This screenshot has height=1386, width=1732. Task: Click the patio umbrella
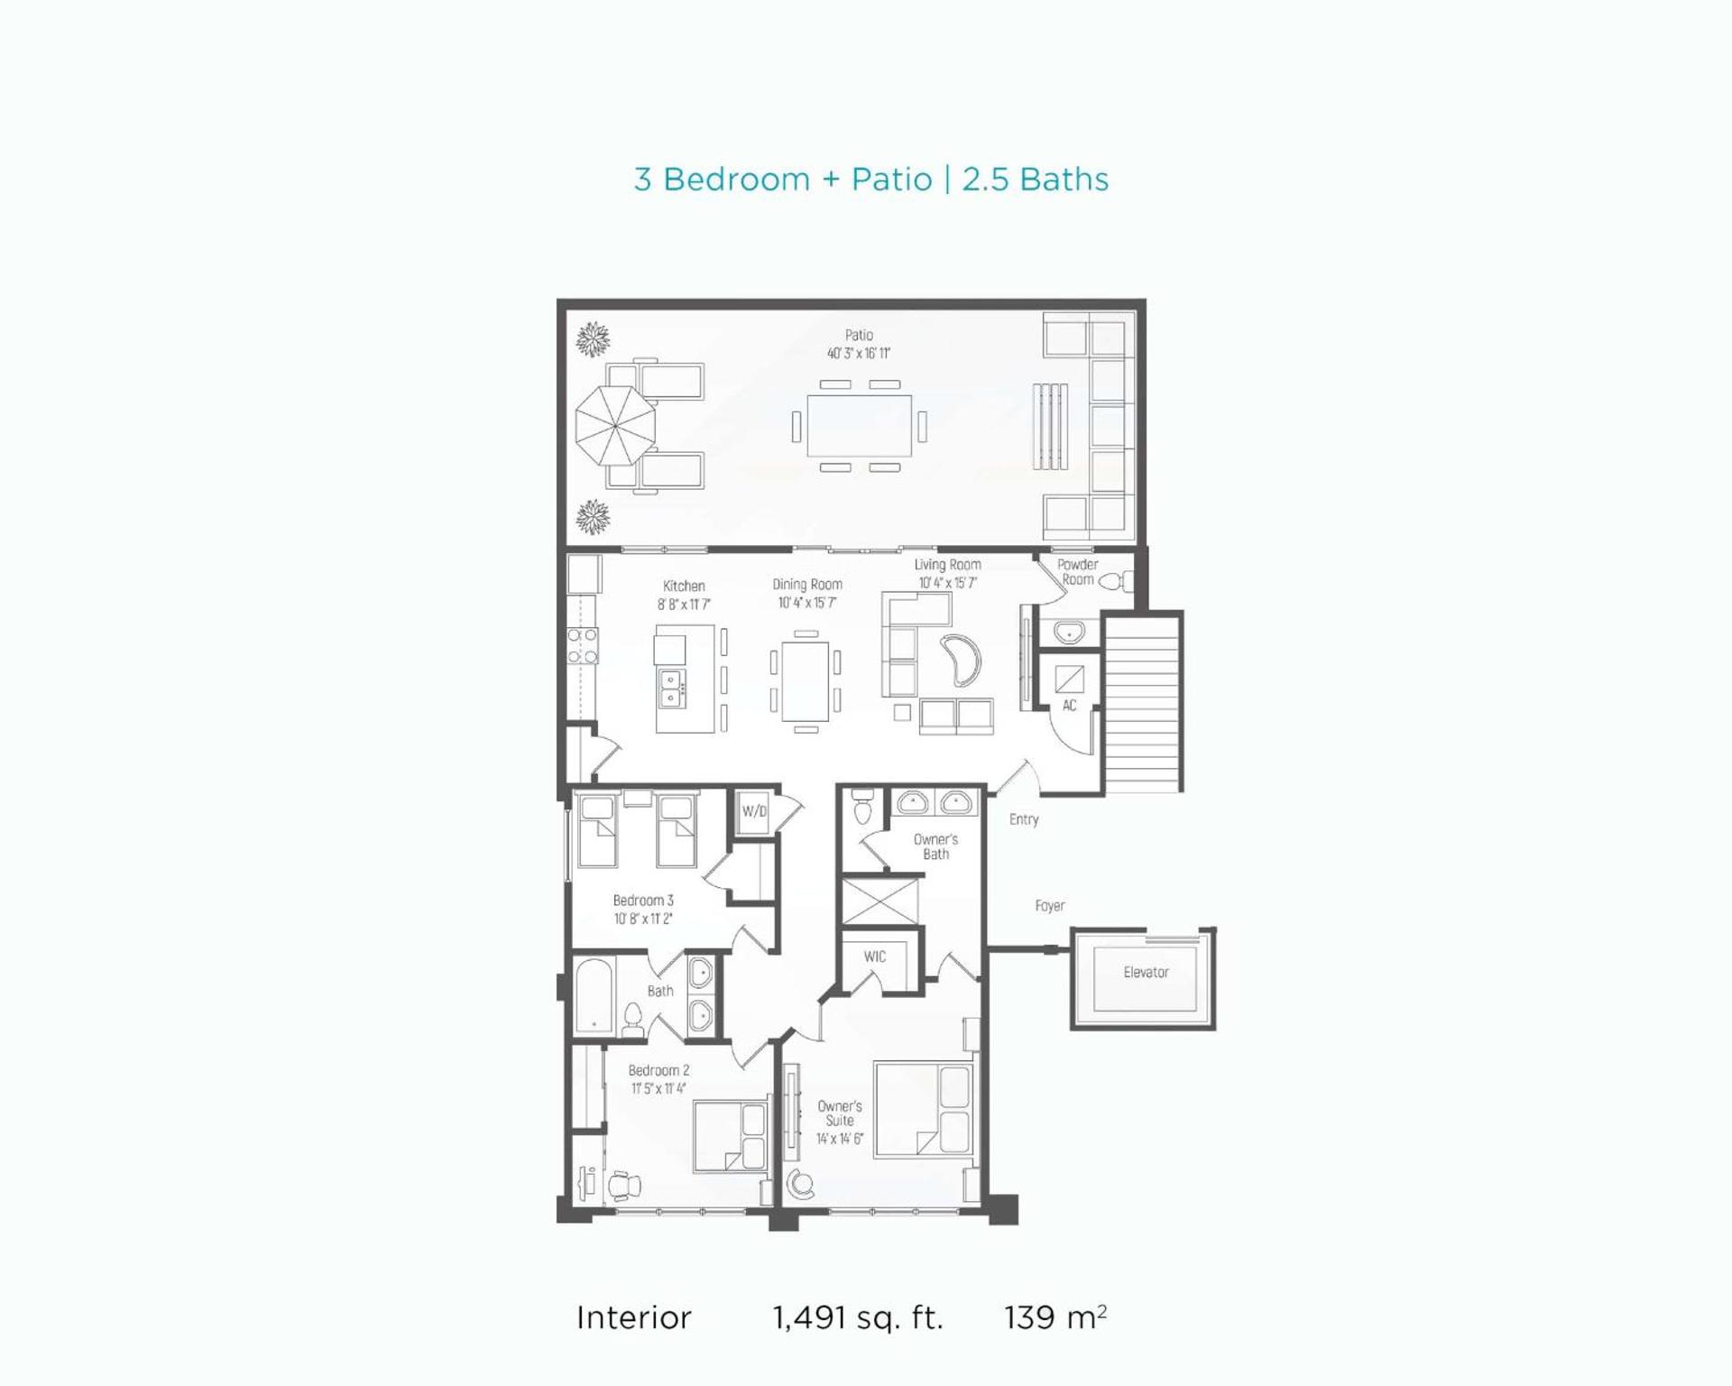point(615,426)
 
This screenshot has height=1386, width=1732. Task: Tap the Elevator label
point(1146,972)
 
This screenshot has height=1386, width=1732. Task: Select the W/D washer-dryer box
point(754,811)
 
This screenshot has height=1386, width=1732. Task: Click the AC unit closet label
point(1069,706)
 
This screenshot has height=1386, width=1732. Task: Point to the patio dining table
point(859,425)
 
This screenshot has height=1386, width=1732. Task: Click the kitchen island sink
point(671,688)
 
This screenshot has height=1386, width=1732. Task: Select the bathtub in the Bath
point(594,994)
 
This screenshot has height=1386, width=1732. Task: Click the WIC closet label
point(874,956)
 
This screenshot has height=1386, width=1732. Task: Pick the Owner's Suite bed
point(924,1109)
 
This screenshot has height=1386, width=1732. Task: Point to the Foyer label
point(1050,905)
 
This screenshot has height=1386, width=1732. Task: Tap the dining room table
point(806,680)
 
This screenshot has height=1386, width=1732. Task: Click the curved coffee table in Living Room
point(962,661)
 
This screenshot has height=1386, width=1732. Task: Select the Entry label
point(1024,819)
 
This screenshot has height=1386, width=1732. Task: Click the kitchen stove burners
point(582,645)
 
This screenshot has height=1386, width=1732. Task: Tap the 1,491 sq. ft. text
point(858,1318)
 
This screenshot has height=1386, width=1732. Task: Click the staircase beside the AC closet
point(1143,702)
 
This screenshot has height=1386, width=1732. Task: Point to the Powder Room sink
point(1069,632)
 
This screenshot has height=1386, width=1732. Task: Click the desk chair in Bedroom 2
point(622,1184)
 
